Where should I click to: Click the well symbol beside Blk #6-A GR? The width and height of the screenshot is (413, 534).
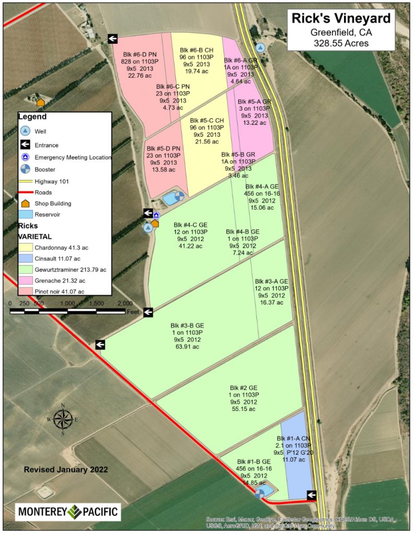(260, 47)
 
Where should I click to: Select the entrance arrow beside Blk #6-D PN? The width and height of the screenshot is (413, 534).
(113, 38)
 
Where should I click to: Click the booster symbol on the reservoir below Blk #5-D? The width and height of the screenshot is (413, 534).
(179, 197)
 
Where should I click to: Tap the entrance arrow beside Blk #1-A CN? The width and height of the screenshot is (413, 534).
(312, 495)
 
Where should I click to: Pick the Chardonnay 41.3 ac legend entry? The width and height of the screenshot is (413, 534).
(57, 247)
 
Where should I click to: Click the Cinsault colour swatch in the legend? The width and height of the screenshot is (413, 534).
(26, 258)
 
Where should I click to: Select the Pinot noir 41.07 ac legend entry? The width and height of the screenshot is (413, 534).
(59, 292)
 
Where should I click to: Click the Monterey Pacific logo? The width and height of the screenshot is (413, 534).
(68, 512)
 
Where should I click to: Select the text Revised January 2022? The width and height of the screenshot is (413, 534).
(66, 470)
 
